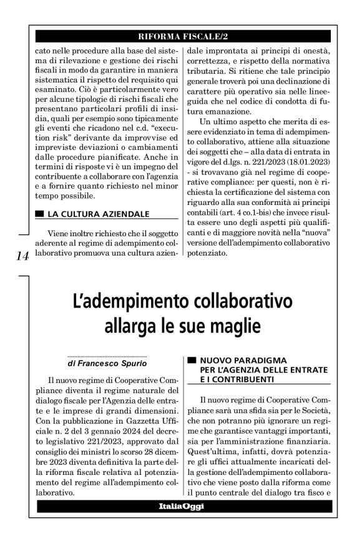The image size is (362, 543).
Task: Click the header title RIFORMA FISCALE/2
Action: tap(180, 36)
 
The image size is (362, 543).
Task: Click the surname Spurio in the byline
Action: tap(127, 362)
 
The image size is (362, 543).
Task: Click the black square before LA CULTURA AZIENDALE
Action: tap(40, 214)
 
